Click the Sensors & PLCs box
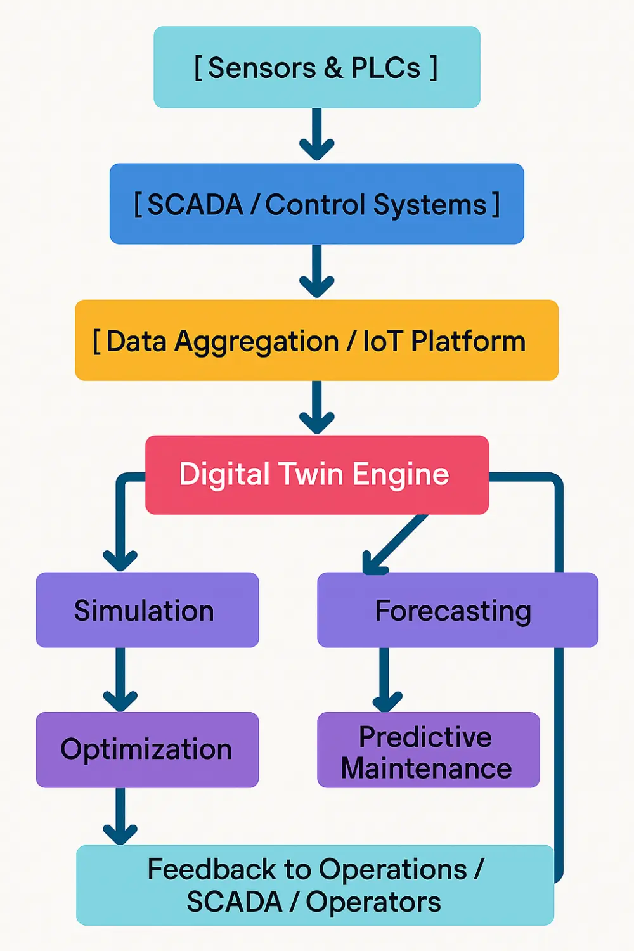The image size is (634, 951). (316, 67)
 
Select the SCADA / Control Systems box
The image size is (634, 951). (316, 204)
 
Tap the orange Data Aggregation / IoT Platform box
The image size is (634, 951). (316, 340)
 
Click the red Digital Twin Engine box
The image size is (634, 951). (316, 474)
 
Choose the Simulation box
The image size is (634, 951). (147, 610)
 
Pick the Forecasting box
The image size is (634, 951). (457, 610)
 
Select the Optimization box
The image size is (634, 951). (147, 749)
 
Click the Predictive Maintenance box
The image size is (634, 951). (428, 750)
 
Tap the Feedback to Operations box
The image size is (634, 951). (314, 885)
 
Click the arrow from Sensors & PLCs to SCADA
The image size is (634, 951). (316, 134)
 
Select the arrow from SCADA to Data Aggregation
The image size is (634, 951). (316, 271)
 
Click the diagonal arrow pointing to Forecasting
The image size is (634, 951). (394, 544)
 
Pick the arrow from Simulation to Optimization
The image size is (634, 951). (120, 679)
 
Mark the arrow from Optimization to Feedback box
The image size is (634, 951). (120, 816)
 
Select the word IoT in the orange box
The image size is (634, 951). (382, 341)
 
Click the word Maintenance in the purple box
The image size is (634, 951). (426, 768)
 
